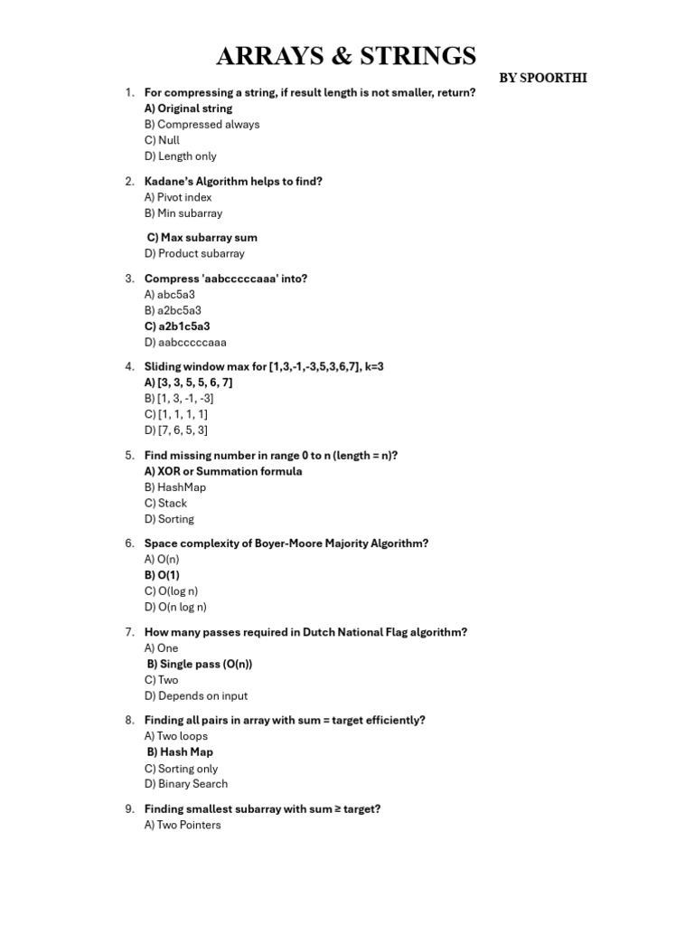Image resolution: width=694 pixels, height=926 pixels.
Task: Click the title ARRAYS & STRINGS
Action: [x=346, y=57]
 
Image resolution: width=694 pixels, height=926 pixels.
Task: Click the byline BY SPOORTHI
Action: [x=543, y=78]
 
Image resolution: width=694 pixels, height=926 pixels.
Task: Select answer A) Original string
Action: [x=188, y=109]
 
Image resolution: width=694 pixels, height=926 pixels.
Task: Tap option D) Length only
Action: [x=180, y=156]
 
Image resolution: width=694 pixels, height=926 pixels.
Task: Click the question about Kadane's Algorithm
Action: [x=233, y=181]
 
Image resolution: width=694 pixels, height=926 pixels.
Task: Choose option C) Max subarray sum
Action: [x=202, y=238]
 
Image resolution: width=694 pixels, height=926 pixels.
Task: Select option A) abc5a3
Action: [x=171, y=295]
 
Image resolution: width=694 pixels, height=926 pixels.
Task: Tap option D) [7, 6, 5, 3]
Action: [x=175, y=430]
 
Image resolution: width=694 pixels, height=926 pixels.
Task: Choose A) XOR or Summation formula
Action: [x=223, y=471]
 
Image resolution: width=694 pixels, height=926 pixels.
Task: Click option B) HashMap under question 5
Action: [x=175, y=487]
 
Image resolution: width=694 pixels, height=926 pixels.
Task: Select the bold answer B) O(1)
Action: [x=162, y=575]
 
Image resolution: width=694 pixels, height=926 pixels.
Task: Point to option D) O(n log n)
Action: [x=175, y=608]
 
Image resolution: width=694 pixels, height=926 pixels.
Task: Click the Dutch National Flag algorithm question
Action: [x=305, y=632]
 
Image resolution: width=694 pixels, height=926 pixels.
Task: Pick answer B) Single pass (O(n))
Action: [x=200, y=664]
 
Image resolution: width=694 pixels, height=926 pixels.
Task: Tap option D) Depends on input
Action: [x=195, y=696]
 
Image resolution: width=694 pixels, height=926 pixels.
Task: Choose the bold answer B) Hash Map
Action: [x=180, y=751]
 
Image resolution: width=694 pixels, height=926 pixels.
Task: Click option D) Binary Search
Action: [x=185, y=784]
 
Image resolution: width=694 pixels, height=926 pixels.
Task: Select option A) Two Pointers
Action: [x=182, y=825]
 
